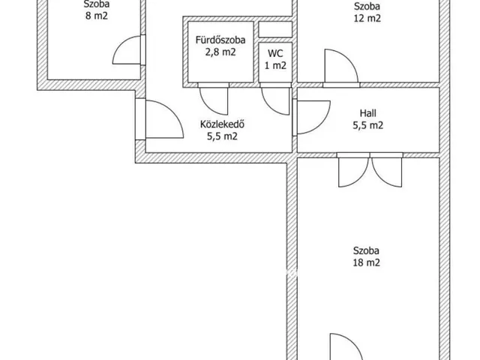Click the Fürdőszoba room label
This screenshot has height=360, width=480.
tap(220, 40)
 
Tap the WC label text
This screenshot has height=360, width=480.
tap(275, 53)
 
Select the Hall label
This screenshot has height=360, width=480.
tap(368, 113)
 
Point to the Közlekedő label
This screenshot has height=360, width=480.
tap(222, 124)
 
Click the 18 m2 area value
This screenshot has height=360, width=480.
tap(367, 262)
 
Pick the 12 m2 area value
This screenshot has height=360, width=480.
tap(367, 18)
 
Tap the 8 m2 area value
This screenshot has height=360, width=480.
tap(97, 16)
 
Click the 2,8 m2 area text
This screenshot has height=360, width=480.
tap(220, 52)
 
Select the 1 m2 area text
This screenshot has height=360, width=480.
tap(275, 65)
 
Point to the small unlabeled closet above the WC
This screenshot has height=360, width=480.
tap(275, 30)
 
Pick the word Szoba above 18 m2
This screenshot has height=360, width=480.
tap(366, 250)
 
